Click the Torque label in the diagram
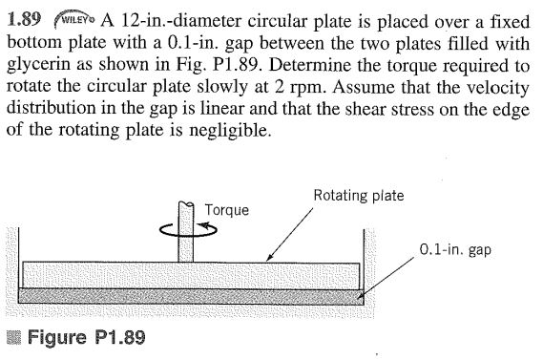pyautogui.click(x=226, y=209)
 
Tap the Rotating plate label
pyautogui.click(x=358, y=196)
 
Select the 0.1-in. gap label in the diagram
pyautogui.click(x=457, y=251)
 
